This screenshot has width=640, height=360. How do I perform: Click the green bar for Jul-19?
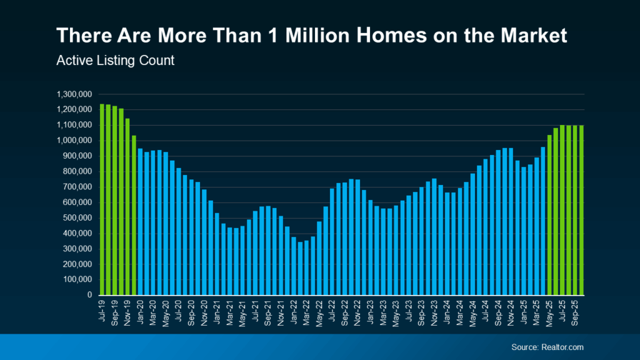pos(102,199)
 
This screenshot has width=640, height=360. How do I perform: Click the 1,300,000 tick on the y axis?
pos(74,94)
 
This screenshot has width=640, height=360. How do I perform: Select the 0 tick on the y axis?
pos(89,295)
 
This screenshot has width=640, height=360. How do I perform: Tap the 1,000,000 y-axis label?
pos(74,141)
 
